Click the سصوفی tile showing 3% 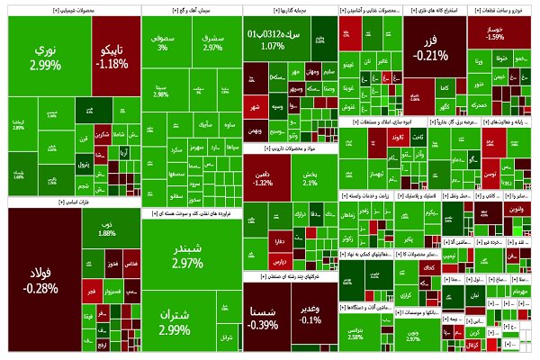point(163,42)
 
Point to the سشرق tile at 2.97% point(212,42)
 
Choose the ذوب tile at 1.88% point(107,229)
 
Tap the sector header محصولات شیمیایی point(72,12)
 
